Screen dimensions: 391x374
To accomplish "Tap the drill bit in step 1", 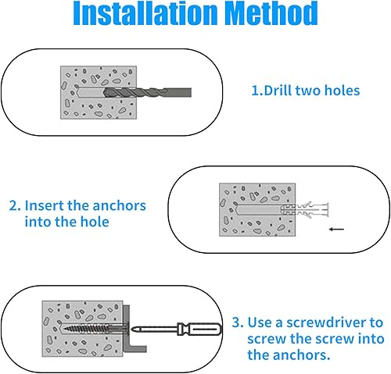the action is point(148,92).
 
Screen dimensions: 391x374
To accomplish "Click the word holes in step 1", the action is point(342,91).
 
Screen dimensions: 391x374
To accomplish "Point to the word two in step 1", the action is point(308,91).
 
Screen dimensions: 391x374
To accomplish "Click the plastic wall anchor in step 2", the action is point(304,209).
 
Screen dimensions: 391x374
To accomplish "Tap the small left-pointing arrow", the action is point(336,230).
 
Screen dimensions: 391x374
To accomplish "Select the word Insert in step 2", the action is point(43,205).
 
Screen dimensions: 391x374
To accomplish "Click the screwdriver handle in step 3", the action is point(199,329).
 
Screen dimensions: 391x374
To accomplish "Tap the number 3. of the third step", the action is point(238,322).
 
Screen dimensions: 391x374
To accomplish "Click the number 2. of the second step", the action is point(15,205).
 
